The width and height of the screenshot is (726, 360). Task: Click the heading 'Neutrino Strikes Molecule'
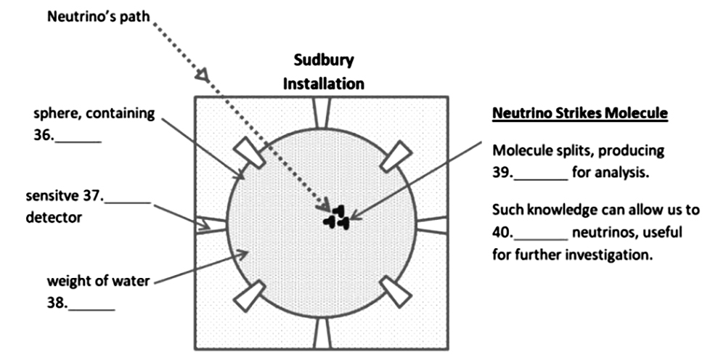pos(579,113)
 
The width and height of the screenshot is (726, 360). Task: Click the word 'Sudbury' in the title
pos(324,61)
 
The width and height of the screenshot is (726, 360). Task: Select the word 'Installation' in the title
pos(324,83)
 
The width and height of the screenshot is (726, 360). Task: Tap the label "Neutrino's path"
pos(99,17)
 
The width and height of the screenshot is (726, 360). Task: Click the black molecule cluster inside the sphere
pos(337,217)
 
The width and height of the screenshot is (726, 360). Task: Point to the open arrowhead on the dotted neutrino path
pos(203,75)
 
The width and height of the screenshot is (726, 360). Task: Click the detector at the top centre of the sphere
pos(322,112)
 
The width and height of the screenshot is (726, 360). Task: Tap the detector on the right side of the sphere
pos(432,224)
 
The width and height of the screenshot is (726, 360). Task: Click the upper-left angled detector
pos(248,152)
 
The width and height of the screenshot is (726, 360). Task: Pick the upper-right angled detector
pos(396,155)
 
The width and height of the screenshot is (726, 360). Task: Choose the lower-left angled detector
pos(249,296)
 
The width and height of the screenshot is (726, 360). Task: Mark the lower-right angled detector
pos(396,292)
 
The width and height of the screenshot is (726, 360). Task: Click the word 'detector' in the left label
pos(54,217)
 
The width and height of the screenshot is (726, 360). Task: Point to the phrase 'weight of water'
pos(98,281)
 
